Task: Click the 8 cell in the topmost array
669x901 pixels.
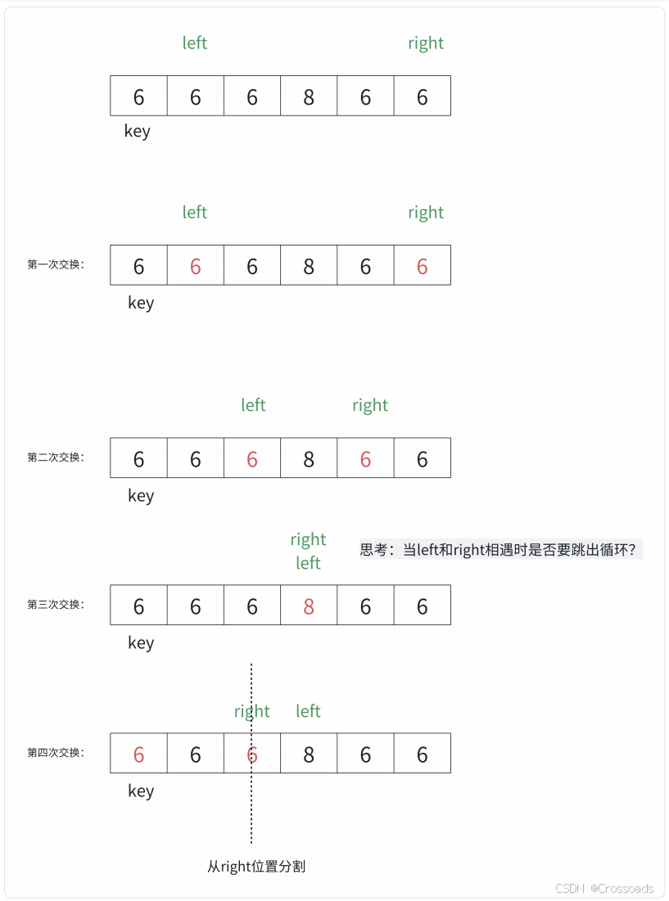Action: coord(309,97)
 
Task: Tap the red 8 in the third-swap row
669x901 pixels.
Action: coord(309,606)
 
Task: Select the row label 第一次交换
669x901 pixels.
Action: coord(56,264)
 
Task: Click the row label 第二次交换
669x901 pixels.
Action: coord(56,457)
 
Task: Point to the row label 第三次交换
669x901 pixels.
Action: coord(56,605)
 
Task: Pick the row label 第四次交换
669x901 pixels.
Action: coord(56,753)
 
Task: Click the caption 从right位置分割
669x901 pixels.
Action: coord(256,866)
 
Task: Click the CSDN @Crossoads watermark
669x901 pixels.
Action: coord(604,889)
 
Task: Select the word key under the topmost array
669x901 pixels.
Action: coord(138,131)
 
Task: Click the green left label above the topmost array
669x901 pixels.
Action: coord(195,43)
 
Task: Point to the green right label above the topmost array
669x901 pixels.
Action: coord(426,43)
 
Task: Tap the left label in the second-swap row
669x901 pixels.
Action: coord(253,405)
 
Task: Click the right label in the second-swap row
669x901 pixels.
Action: coord(370,406)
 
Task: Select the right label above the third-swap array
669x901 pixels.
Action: coord(308,539)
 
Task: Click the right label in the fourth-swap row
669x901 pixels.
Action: coord(251,712)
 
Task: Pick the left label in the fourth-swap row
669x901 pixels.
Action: coord(308,711)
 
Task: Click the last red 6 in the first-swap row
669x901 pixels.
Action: coord(422,266)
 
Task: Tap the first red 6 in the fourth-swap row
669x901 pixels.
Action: coord(138,754)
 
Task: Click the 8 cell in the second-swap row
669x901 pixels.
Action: coord(309,458)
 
